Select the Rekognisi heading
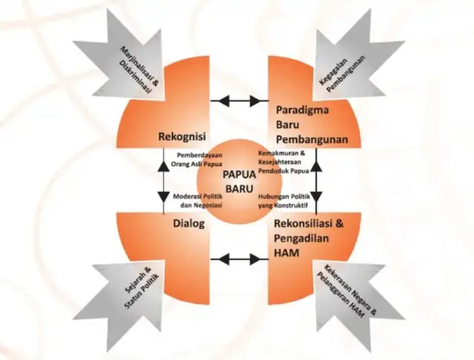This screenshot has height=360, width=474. pyautogui.click(x=181, y=136)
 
